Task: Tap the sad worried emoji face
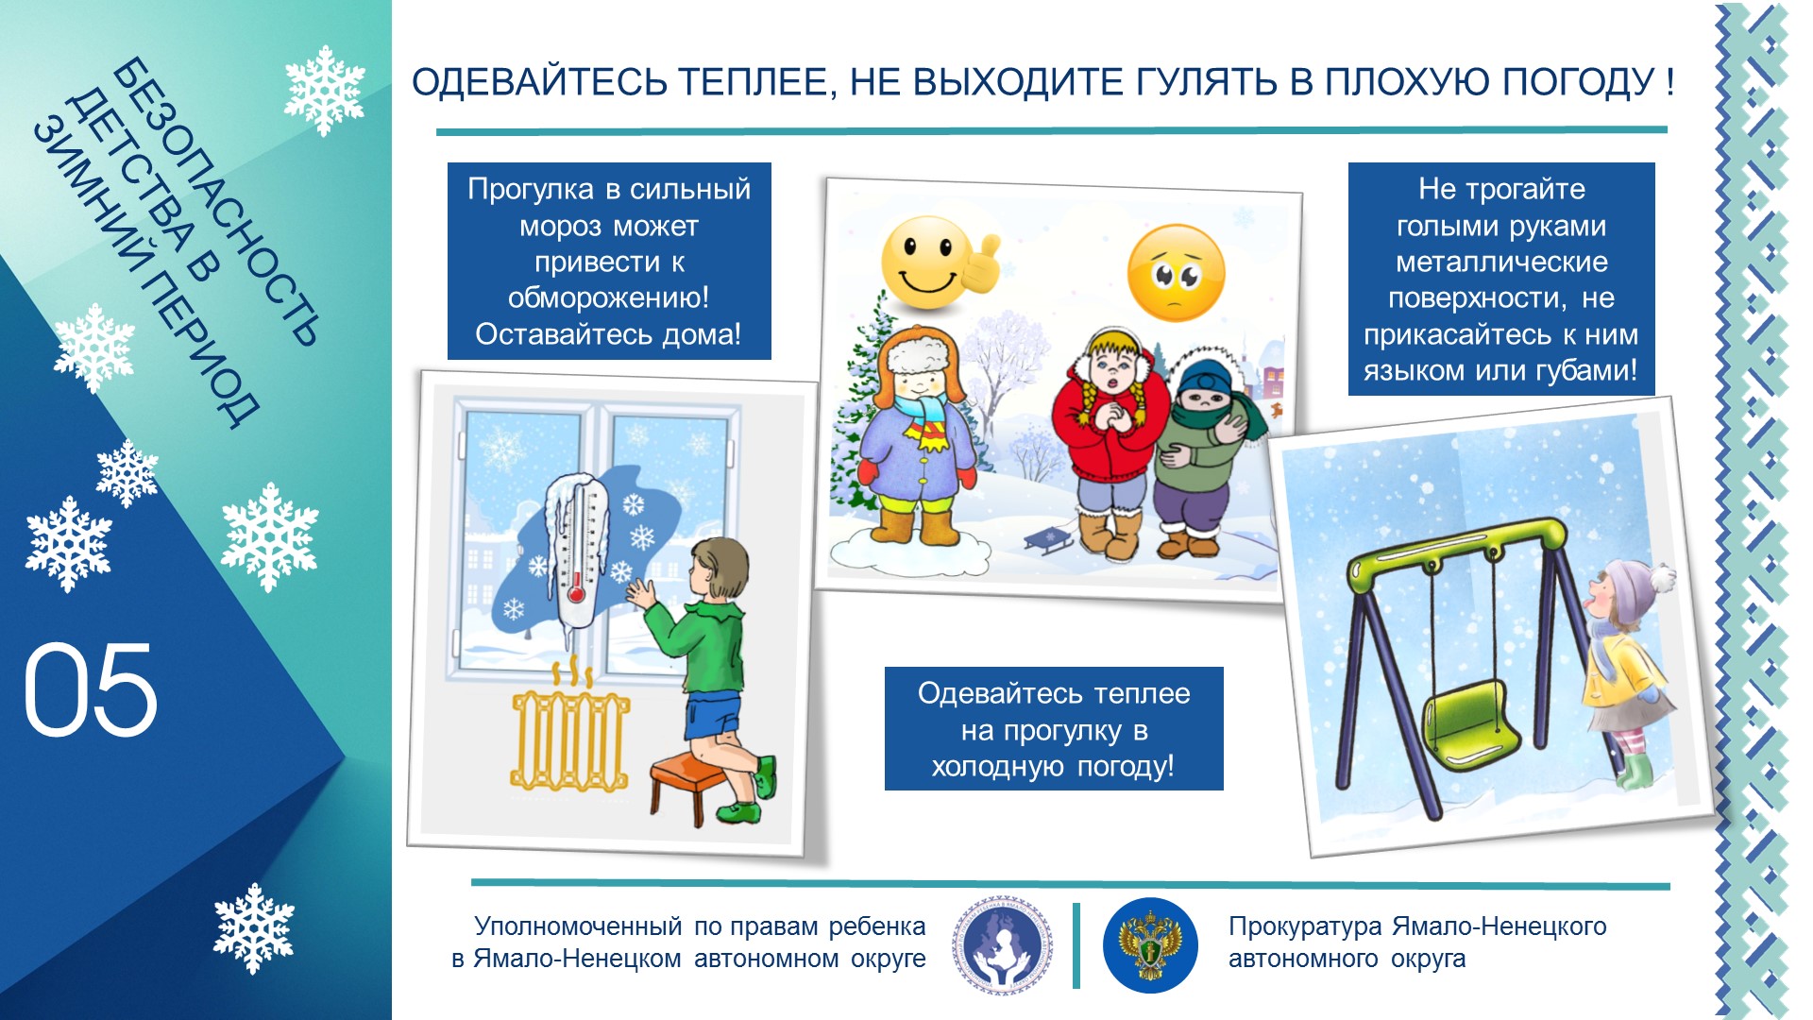(x=1176, y=273)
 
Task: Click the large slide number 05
(x=90, y=690)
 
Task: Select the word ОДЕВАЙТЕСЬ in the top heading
(x=540, y=83)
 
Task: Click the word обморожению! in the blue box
(x=608, y=298)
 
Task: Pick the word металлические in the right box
(x=1501, y=262)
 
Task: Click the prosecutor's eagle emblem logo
(x=1150, y=944)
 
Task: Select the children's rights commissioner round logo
(x=1002, y=944)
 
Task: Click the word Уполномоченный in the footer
(x=578, y=927)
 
